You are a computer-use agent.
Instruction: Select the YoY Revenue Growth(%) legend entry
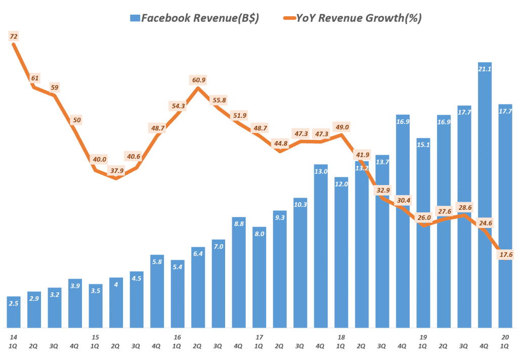[352, 18]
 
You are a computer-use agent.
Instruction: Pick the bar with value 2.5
[14, 312]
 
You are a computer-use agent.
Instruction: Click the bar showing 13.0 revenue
[321, 248]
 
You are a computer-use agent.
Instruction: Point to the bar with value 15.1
[423, 233]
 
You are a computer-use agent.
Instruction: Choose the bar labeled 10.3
[300, 263]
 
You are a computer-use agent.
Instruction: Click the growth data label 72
[14, 36]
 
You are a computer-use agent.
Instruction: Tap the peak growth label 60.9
[198, 80]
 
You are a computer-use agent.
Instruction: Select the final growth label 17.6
[506, 255]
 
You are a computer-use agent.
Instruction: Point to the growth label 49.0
[341, 127]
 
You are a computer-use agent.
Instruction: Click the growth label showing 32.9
[382, 190]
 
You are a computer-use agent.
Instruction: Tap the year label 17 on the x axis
[259, 337]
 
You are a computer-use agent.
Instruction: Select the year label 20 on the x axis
[505, 337]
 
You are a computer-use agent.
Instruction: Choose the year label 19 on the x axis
[423, 337]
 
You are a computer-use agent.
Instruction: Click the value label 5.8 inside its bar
[157, 262]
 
